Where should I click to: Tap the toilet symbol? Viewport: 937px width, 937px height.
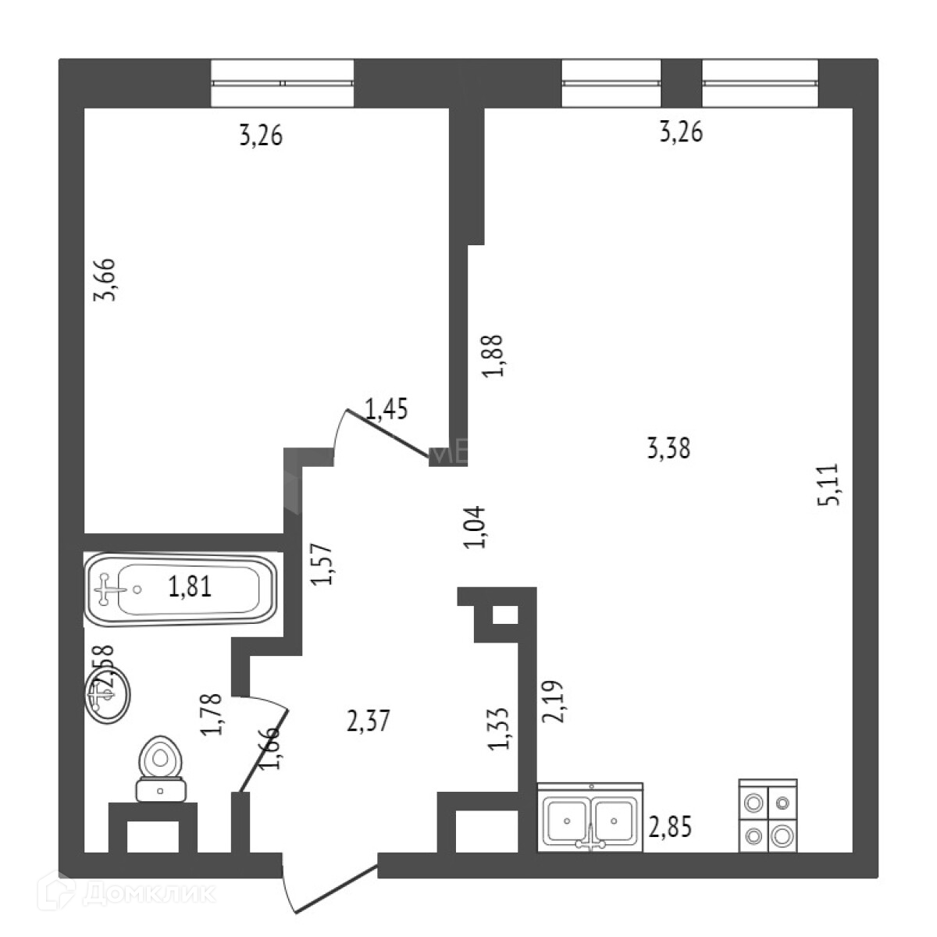[161, 768]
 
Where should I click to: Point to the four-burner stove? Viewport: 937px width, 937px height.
[768, 816]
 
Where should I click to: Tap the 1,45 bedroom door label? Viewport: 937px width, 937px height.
[387, 408]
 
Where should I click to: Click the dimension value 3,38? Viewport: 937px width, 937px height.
[669, 449]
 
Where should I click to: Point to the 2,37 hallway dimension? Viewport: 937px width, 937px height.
[367, 720]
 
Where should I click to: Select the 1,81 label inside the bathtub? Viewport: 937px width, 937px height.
[190, 586]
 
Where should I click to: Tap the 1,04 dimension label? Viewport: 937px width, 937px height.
[476, 527]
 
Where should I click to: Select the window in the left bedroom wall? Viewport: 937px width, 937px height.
[283, 83]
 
